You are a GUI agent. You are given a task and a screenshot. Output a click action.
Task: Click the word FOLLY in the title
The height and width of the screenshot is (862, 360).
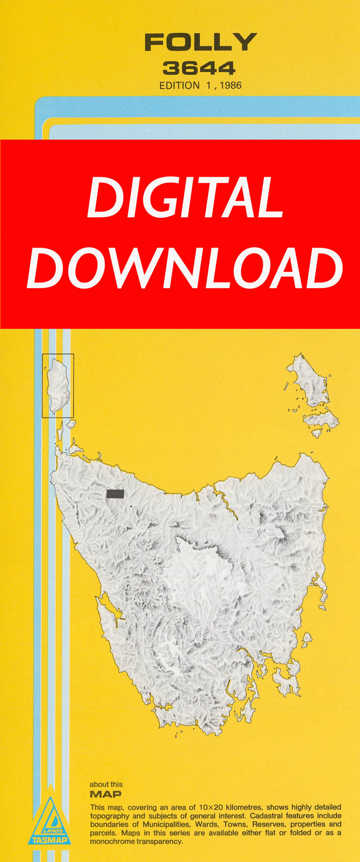[x=200, y=43]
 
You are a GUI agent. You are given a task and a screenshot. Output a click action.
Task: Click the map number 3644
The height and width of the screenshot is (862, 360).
[x=199, y=69]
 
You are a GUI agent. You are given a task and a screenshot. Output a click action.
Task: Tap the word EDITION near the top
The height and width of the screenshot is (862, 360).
[x=179, y=86]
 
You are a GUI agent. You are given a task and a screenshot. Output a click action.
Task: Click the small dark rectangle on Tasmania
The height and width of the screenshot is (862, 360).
[x=115, y=493]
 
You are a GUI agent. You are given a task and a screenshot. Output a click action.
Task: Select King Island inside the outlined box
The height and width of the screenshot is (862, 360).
[x=57, y=385]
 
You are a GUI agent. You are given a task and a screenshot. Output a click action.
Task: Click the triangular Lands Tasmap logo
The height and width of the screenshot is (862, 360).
[x=50, y=821]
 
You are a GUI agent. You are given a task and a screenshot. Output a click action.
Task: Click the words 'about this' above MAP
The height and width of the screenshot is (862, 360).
[x=106, y=784]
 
